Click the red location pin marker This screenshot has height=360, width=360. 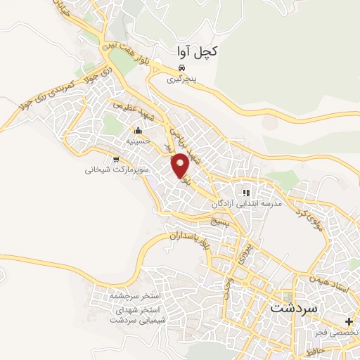pos(181,165)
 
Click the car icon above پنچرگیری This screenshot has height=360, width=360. pos(182,68)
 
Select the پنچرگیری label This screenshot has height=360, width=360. pos(182,79)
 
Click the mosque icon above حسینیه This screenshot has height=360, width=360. pos(139,130)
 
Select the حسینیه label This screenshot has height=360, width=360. pos(139,141)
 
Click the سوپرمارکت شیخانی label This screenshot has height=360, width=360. pos(116,169)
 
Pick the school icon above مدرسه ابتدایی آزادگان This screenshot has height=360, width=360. pos(246,192)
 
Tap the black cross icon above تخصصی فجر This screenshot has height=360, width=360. pos(349,321)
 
